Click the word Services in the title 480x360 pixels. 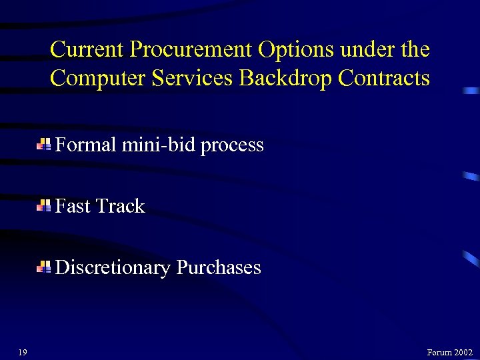click(x=193, y=79)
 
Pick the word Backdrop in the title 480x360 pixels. click(x=285, y=79)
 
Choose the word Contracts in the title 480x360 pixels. click(x=384, y=79)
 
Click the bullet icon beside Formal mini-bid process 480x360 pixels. click(x=44, y=145)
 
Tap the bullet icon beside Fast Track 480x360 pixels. click(x=44, y=206)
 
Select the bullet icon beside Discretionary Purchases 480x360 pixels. click(x=44, y=267)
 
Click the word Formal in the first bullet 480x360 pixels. click(x=86, y=145)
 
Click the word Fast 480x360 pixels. click(x=73, y=206)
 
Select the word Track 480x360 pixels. click(x=121, y=206)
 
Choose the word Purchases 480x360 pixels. click(x=219, y=267)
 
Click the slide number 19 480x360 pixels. click(x=23, y=352)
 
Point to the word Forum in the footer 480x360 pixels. click(x=439, y=353)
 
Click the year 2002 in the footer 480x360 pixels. click(x=463, y=353)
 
